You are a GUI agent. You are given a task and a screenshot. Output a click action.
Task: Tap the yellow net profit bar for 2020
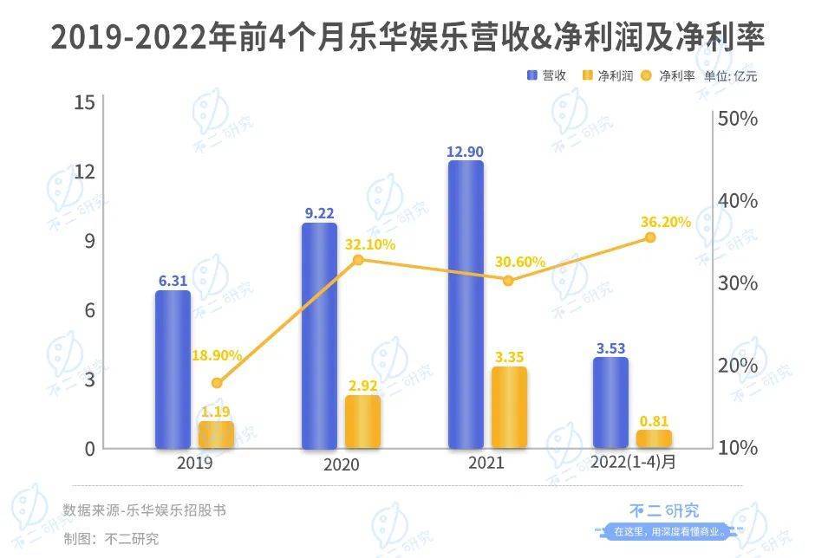362,422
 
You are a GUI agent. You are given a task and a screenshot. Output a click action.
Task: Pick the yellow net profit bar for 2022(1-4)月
653,438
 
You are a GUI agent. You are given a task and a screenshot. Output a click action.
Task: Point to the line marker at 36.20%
650,237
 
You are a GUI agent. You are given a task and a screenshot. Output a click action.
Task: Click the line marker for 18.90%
217,383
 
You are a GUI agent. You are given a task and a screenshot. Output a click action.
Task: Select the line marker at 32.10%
359,259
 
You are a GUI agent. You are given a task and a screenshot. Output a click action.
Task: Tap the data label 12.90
465,152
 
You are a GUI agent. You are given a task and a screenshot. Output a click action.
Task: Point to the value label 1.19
216,412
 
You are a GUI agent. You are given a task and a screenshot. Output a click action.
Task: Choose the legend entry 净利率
669,75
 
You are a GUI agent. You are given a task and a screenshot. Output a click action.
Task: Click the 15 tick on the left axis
84,102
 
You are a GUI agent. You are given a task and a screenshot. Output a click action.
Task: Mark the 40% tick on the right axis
740,201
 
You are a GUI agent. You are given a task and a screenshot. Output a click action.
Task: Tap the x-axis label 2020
341,464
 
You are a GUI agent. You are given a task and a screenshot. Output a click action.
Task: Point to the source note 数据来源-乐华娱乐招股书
144,509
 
